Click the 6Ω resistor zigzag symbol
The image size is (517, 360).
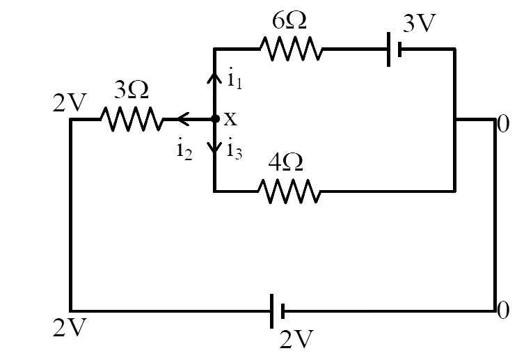pyautogui.click(x=291, y=49)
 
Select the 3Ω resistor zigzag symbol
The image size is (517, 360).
pyautogui.click(x=132, y=119)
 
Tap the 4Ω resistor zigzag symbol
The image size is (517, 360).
pyautogui.click(x=289, y=191)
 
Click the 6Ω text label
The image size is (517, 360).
pyautogui.click(x=289, y=21)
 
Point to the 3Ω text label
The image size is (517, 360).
pyautogui.click(x=132, y=90)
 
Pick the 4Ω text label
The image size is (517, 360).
pyautogui.click(x=285, y=162)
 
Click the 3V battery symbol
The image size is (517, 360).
pyautogui.click(x=395, y=49)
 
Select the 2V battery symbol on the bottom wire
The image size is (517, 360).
pyautogui.click(x=278, y=311)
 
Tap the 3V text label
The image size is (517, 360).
pyautogui.click(x=420, y=23)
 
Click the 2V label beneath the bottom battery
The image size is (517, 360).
pyautogui.click(x=296, y=339)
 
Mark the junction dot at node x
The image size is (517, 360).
pyautogui.click(x=215, y=119)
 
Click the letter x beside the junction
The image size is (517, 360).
pyautogui.click(x=230, y=119)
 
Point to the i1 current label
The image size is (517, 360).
pyautogui.click(x=235, y=79)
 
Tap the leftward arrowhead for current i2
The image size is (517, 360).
pyautogui.click(x=183, y=119)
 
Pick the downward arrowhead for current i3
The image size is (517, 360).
pyautogui.click(x=214, y=148)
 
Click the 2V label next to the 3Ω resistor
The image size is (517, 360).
pyautogui.click(x=70, y=103)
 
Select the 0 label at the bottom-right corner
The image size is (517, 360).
pyautogui.click(x=503, y=310)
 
